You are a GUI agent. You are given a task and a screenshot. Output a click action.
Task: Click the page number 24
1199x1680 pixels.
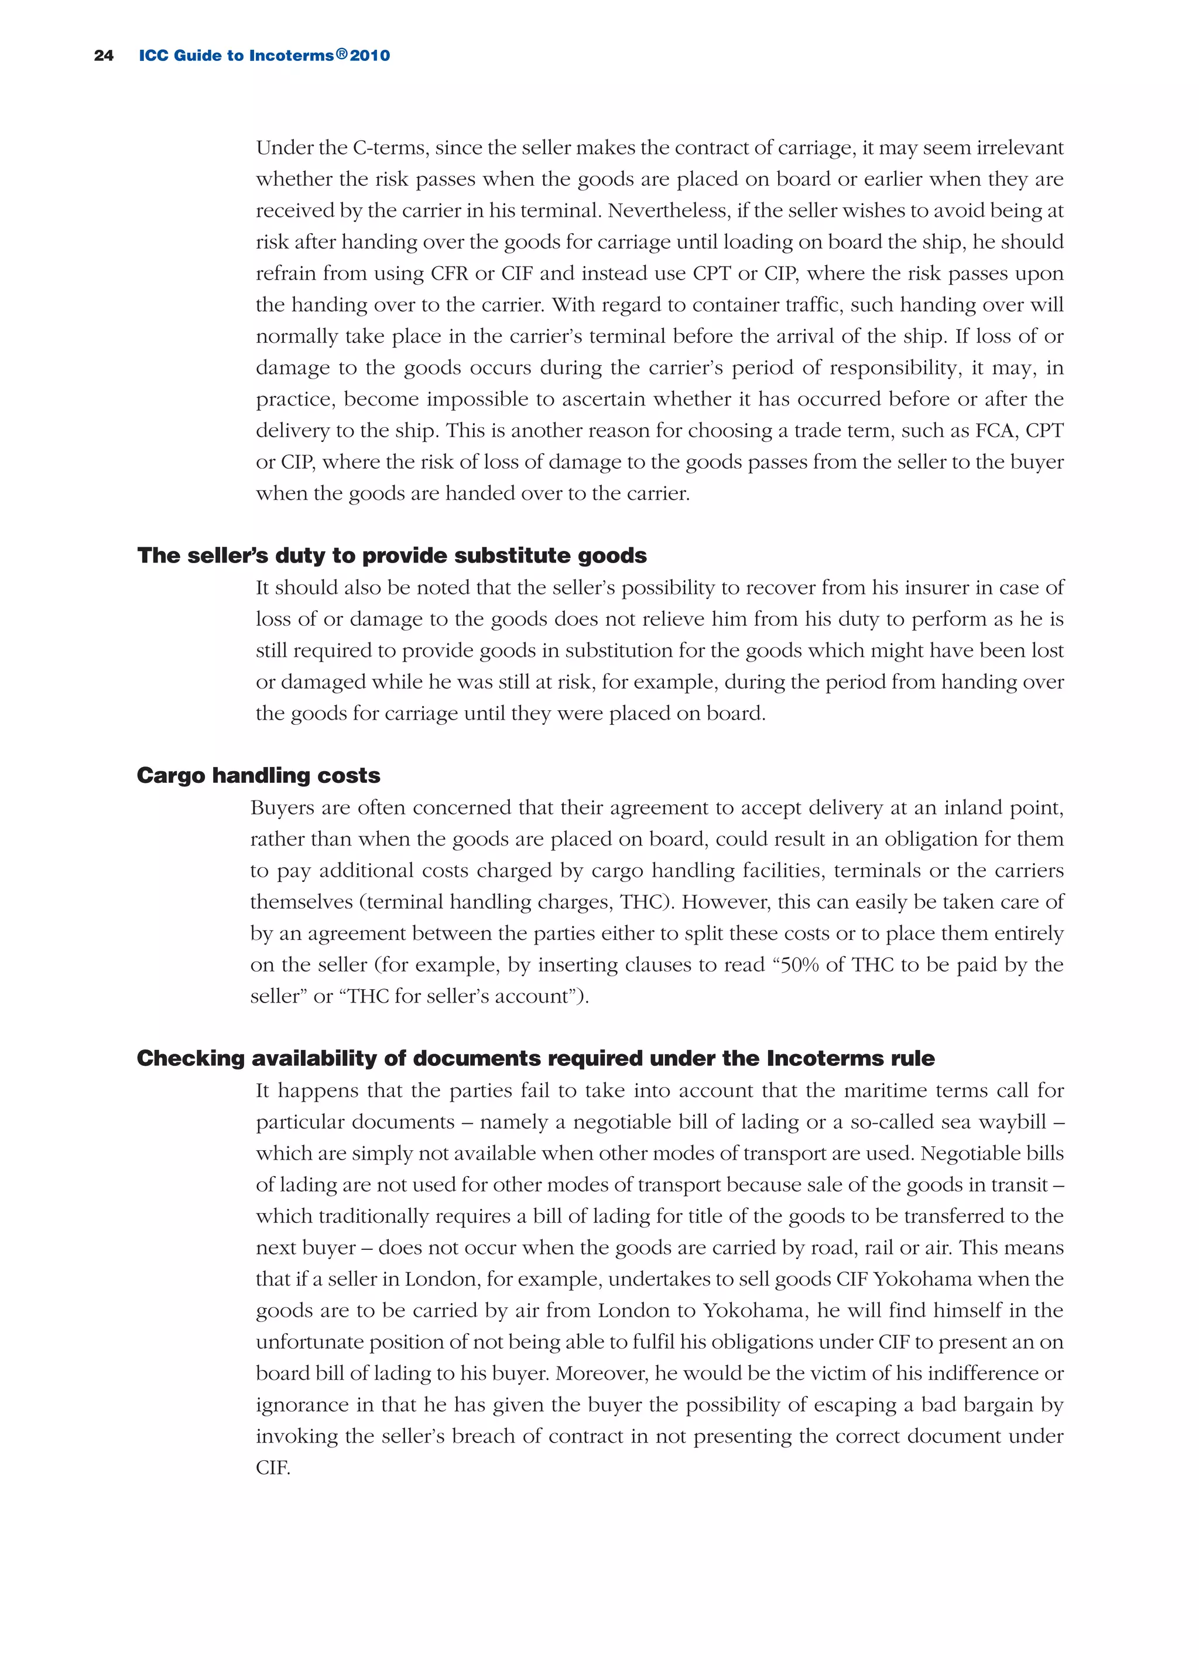click(104, 56)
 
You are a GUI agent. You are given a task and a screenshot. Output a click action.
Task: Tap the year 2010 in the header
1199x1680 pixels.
click(370, 56)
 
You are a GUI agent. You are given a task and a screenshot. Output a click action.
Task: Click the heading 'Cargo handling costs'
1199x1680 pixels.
click(258, 775)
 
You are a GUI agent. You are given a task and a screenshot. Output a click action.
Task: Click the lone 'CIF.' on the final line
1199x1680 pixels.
click(273, 1467)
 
